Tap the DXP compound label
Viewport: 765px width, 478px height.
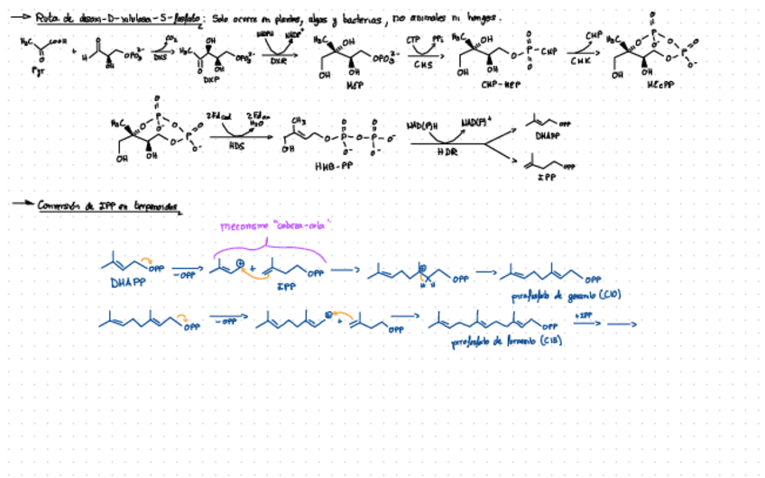[211, 79]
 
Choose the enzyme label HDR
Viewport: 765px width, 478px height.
[447, 152]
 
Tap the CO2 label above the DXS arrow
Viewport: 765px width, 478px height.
[171, 38]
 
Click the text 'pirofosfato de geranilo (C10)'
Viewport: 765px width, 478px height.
[556, 295]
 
